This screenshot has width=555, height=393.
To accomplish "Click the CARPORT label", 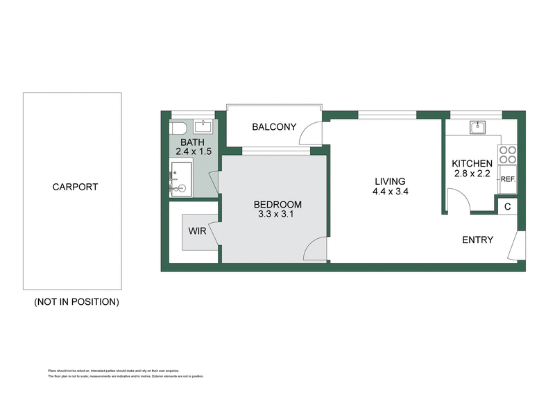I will (74, 187).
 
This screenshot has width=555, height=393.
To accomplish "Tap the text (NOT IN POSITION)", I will (76, 302).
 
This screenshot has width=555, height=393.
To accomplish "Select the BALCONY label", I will (274, 127).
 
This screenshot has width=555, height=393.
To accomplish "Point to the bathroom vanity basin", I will (204, 127).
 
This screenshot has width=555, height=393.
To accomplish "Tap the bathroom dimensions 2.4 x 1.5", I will (194, 150).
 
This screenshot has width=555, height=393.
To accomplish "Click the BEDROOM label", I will (277, 204).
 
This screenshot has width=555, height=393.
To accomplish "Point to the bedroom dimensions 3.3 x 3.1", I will (277, 215).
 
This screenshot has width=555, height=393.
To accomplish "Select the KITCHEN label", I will (472, 164).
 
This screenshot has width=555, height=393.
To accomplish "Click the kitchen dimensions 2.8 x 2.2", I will (472, 174).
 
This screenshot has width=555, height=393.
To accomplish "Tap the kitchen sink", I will (477, 126).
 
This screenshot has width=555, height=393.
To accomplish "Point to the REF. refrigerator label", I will (508, 179).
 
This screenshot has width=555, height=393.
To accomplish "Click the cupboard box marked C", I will (507, 206).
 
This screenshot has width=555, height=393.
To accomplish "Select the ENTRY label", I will (478, 240).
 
